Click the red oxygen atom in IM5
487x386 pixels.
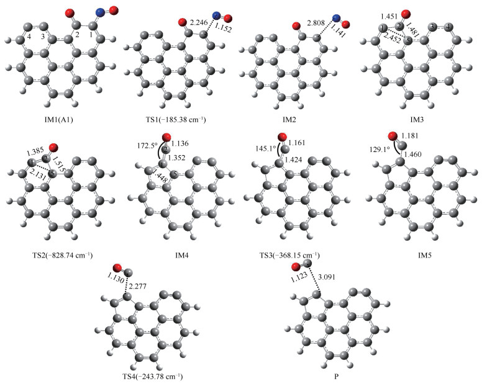click(x=392, y=136)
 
